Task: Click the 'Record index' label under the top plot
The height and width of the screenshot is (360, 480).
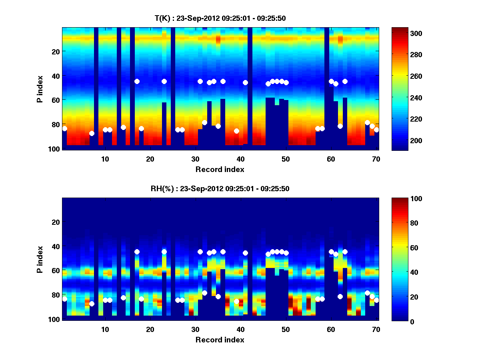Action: tap(220, 169)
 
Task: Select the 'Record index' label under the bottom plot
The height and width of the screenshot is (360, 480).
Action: tap(220, 340)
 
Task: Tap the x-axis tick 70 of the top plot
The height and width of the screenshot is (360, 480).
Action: tap(376, 159)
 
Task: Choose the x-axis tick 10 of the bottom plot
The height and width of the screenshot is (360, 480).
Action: tap(105, 329)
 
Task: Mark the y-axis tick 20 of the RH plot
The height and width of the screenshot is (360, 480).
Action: tap(56, 222)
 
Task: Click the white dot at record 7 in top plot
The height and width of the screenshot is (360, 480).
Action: tap(92, 133)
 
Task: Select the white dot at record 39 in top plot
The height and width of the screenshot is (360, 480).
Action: tap(236, 131)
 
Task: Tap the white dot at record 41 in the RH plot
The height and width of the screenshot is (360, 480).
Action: tap(245, 253)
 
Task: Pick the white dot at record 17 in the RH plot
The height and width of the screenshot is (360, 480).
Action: tap(137, 252)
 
